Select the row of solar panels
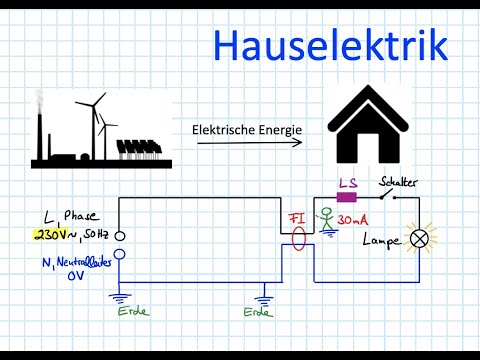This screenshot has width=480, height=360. tap(138, 147)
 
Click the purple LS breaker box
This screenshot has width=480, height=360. tap(347, 197)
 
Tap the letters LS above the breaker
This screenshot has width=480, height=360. tap(348, 183)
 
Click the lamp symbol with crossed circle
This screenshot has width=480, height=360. tap(420, 239)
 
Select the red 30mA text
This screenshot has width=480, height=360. tap(351, 219)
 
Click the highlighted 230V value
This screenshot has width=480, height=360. tap(51, 235)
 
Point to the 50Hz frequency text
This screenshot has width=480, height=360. tap(96, 235)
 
